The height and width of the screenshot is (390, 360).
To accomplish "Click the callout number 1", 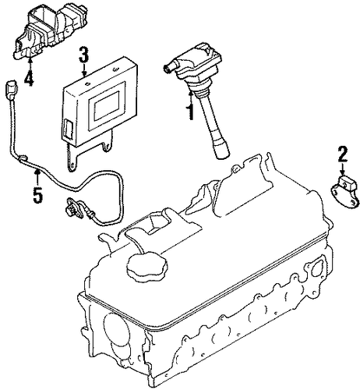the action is pyautogui.click(x=191, y=112).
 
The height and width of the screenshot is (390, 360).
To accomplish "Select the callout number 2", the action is pyautogui.click(x=342, y=154).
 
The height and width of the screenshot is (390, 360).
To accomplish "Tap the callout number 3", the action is pyautogui.click(x=83, y=55).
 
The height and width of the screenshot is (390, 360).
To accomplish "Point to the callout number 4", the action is pyautogui.click(x=29, y=78).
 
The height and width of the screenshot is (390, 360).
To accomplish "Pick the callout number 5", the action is pyautogui.click(x=37, y=195).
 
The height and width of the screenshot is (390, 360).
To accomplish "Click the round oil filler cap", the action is pyautogui.click(x=147, y=264).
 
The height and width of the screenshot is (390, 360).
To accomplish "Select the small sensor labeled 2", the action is pyautogui.click(x=345, y=191).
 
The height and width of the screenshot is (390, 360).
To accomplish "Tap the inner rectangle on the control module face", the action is pyautogui.click(x=107, y=105).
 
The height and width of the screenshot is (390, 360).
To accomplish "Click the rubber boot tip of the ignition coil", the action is pyautogui.click(x=221, y=151).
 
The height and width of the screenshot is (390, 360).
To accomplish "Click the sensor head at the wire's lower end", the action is pyautogui.click(x=74, y=207).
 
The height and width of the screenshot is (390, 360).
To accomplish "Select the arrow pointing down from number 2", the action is pyautogui.click(x=343, y=169).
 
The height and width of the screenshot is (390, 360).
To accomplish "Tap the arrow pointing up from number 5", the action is pyautogui.click(x=38, y=177).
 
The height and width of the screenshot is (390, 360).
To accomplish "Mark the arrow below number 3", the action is pyautogui.click(x=84, y=70).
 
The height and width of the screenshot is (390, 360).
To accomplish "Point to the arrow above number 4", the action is pyautogui.click(x=30, y=64).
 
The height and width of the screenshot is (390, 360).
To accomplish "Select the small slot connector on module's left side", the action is pyautogui.click(x=67, y=128).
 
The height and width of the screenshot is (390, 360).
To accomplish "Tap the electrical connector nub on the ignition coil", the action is pyautogui.click(x=168, y=67).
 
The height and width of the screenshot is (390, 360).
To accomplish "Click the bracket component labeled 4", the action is pyautogui.click(x=50, y=30).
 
